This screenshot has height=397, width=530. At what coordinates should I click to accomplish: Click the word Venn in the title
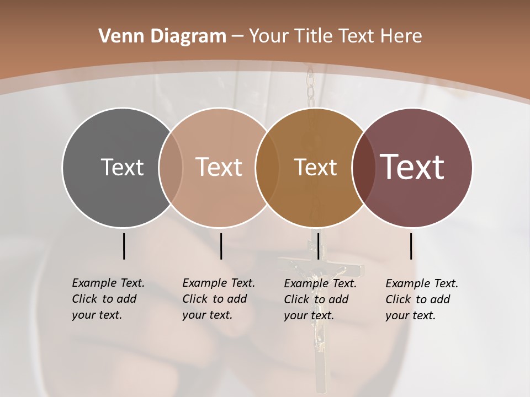point(118,36)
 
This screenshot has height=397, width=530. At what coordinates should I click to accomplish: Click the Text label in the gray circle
point(122,167)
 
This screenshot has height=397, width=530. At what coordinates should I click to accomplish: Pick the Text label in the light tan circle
point(219,167)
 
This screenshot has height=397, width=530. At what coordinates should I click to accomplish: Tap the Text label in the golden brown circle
point(315,167)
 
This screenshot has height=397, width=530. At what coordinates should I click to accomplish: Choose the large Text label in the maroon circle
point(412,167)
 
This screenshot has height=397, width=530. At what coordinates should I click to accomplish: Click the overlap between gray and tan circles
point(171,167)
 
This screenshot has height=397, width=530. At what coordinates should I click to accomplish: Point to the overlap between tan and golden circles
point(267,167)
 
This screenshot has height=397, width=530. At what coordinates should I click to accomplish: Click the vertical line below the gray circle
point(124,246)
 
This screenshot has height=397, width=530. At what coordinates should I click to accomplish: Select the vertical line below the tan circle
point(221,246)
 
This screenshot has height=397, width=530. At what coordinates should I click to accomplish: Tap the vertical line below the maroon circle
point(411,246)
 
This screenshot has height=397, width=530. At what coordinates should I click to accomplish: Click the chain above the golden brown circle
point(310,88)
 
